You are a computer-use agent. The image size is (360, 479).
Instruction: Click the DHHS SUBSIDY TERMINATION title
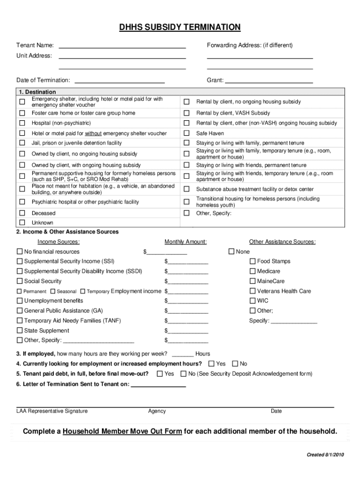pos(180,27)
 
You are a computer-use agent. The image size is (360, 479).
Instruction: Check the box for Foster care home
pos(22,113)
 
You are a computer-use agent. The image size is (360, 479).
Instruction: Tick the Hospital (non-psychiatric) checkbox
pos(22,123)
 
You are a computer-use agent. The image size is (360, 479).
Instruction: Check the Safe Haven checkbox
pos(187,133)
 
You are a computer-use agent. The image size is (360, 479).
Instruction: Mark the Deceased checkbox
pos(22,213)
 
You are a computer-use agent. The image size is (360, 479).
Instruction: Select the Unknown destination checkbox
pos(22,223)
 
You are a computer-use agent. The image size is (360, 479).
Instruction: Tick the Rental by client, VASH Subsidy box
pos(187,113)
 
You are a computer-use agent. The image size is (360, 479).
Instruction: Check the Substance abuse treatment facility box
pos(187,189)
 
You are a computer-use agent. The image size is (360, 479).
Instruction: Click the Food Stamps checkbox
pos(253,261)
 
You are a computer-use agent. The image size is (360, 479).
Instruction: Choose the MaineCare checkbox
pos(253,281)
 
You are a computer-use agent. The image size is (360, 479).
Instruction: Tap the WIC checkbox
pos(253,301)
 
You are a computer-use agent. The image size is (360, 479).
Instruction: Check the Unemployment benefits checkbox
pos(20,301)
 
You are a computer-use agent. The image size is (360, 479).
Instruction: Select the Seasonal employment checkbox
pos(53,291)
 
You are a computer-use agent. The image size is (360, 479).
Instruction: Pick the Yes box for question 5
pos(160,374)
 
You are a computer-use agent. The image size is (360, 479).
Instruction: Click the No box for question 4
pos(235,363)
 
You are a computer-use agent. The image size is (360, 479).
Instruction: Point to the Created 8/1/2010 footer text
pos(325,455)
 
